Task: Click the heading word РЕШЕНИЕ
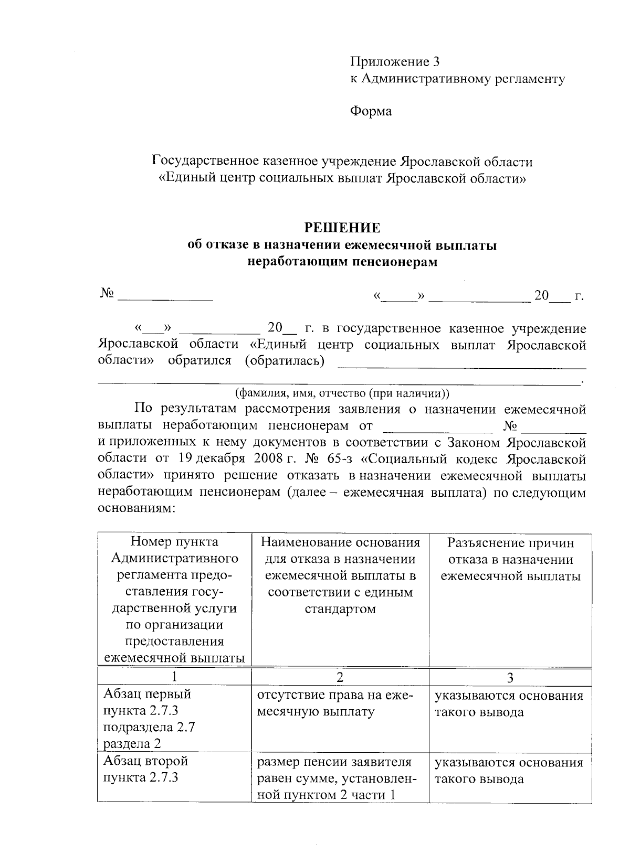click(x=342, y=228)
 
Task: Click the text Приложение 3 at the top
click(x=394, y=62)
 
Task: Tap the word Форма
click(x=371, y=111)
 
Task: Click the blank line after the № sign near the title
click(x=165, y=297)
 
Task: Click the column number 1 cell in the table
click(x=174, y=677)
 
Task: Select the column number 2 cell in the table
click(x=340, y=677)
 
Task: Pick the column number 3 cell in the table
click(x=510, y=677)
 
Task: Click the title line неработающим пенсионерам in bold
click(x=342, y=262)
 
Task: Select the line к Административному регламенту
click(x=457, y=79)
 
